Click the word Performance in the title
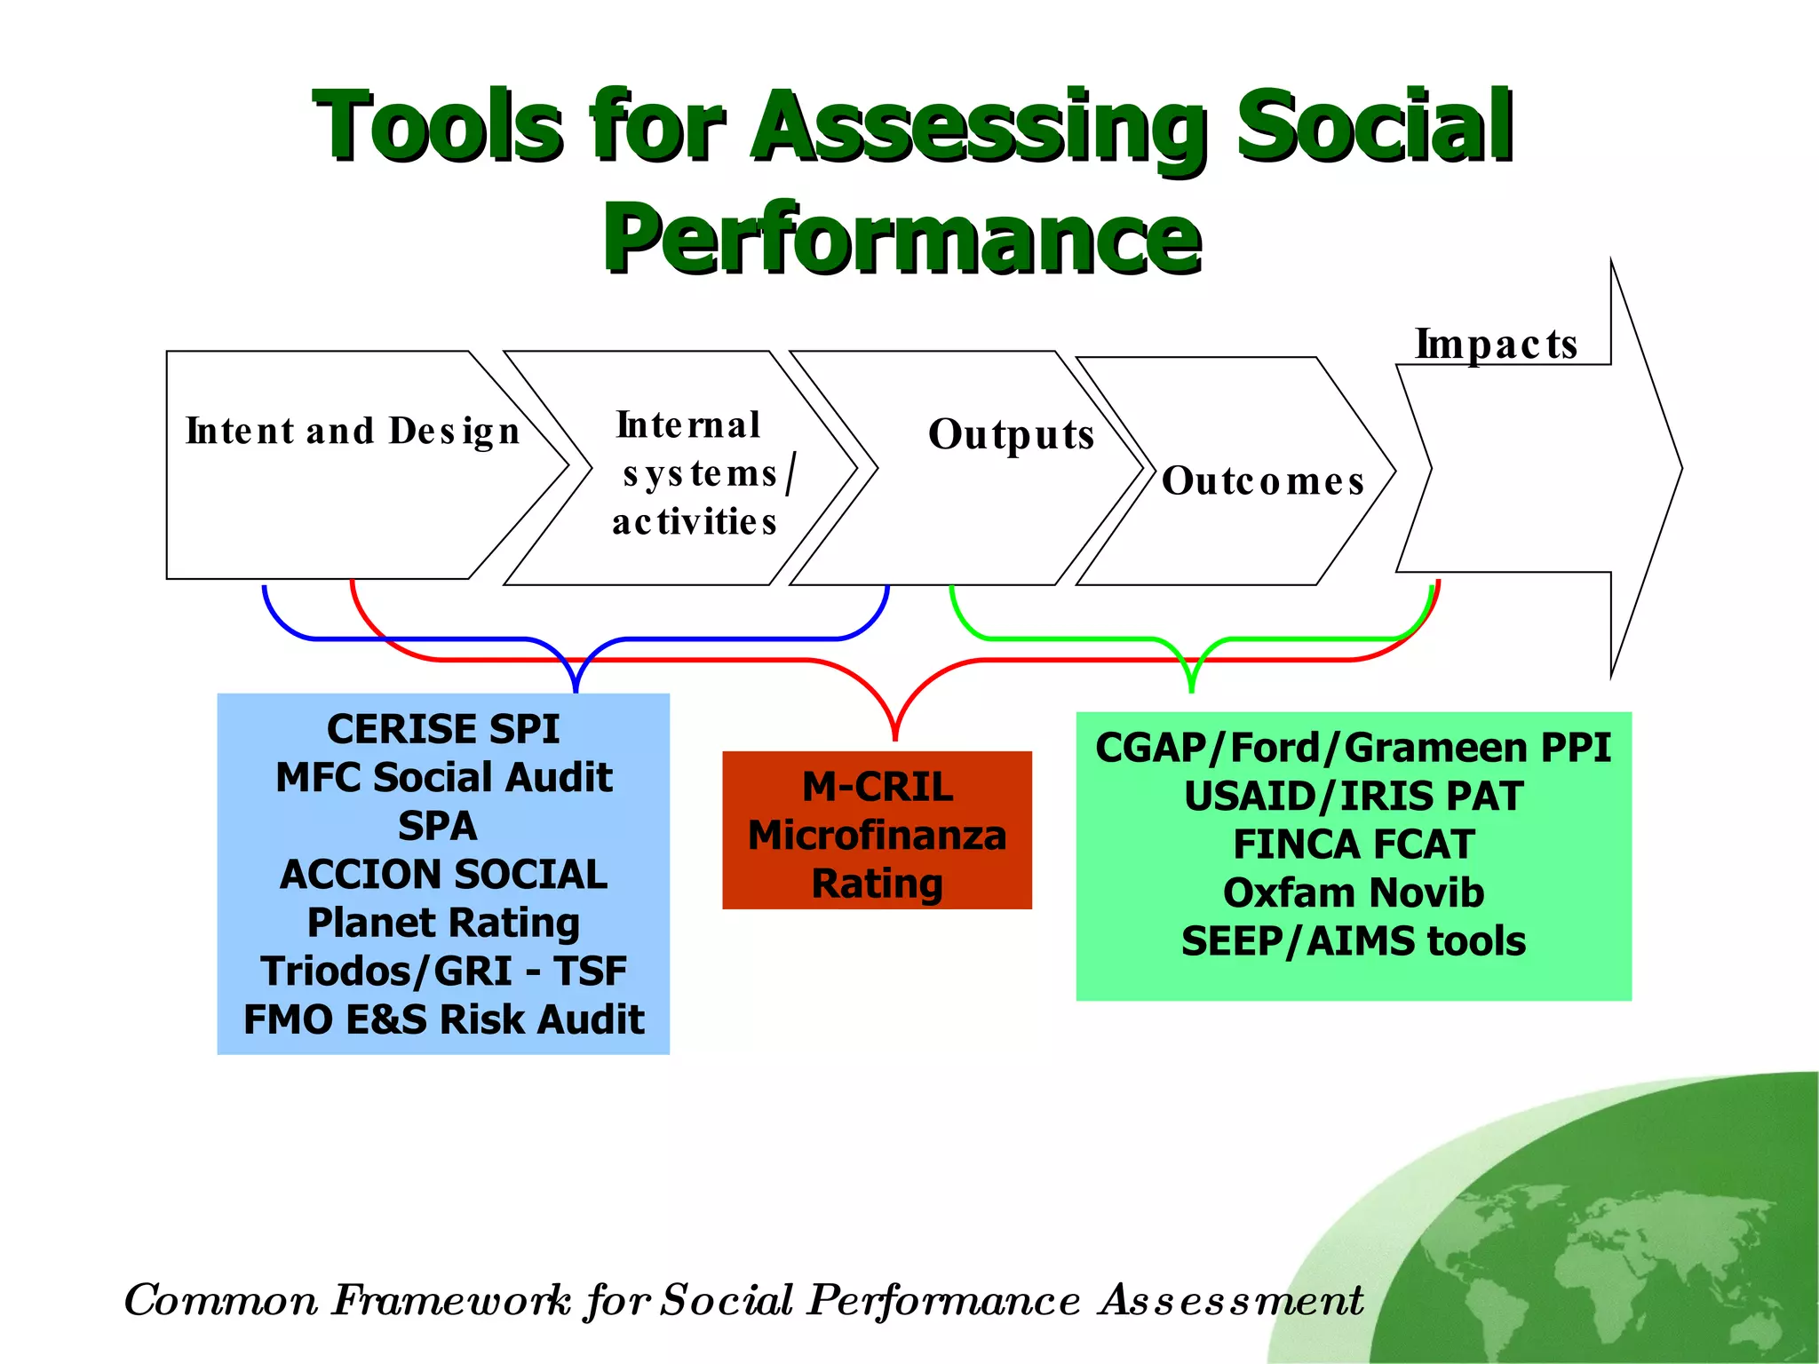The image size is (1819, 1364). click(x=902, y=238)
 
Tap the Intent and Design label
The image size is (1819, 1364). click(x=353, y=432)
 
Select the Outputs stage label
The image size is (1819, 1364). click(x=1011, y=435)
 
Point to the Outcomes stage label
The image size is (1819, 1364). click(x=1262, y=481)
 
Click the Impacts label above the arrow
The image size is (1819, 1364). click(x=1496, y=345)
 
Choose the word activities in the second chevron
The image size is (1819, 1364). click(x=695, y=522)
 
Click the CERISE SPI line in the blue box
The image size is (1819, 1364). click(x=442, y=729)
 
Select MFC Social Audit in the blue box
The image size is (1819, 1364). click(x=443, y=778)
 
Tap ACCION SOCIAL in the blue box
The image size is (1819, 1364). click(x=443, y=875)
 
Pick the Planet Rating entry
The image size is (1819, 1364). click(x=443, y=923)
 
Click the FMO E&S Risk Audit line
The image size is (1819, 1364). click(x=443, y=1019)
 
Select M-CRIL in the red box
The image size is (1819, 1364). click(x=878, y=787)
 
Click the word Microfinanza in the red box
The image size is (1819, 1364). click(x=878, y=836)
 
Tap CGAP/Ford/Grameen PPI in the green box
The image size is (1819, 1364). click(x=1353, y=748)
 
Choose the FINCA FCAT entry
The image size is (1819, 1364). click(x=1353, y=845)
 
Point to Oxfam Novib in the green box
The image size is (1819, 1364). click(x=1353, y=892)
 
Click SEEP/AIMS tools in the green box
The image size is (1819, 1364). click(x=1353, y=941)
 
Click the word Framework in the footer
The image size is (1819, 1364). click(x=451, y=1301)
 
